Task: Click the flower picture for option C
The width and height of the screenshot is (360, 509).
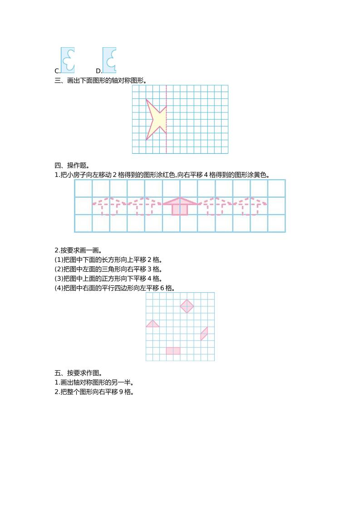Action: [68, 60]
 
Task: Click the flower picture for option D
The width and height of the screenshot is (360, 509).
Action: [109, 60]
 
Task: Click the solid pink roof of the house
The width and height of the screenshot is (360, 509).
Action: [180, 201]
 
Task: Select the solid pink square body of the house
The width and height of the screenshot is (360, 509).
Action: [180, 209]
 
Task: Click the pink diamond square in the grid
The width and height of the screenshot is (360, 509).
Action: [187, 306]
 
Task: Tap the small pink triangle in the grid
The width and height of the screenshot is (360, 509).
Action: [153, 324]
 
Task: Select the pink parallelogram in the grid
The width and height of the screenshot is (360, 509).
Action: [204, 333]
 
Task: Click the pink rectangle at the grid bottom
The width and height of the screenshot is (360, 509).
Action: [173, 351]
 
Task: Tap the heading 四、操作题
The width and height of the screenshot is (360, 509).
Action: [72, 165]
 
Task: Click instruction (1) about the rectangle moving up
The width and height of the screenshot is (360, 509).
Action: [108, 260]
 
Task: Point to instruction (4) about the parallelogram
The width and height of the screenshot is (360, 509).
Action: [115, 288]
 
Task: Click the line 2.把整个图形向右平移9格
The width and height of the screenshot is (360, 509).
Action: [94, 392]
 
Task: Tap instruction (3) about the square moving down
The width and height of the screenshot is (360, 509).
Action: [108, 279]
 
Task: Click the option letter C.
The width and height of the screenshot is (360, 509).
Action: [57, 71]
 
